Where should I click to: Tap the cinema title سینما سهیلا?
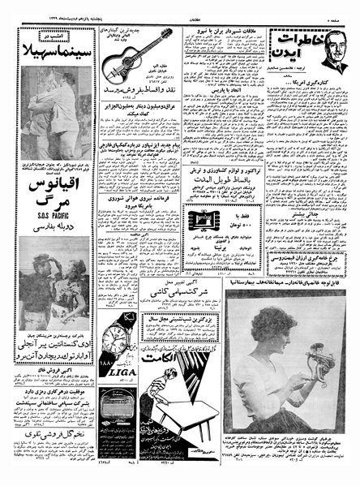49,58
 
